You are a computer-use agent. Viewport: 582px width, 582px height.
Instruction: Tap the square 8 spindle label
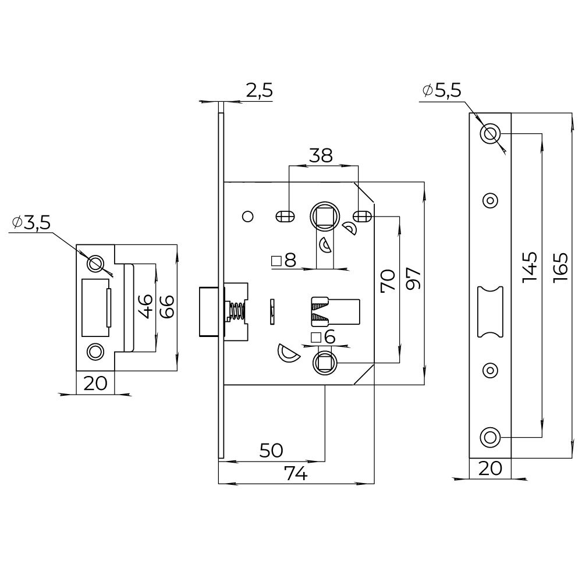[x=285, y=261]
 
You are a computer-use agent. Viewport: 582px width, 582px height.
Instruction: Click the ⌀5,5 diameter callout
[x=442, y=90]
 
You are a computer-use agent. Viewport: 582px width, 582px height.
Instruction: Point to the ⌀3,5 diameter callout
[x=31, y=223]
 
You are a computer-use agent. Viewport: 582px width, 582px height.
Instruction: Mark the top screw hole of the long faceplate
[x=490, y=133]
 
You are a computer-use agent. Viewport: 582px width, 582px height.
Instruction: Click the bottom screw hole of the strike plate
[x=94, y=351]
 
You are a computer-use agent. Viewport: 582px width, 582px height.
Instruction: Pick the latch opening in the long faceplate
[x=489, y=311]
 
